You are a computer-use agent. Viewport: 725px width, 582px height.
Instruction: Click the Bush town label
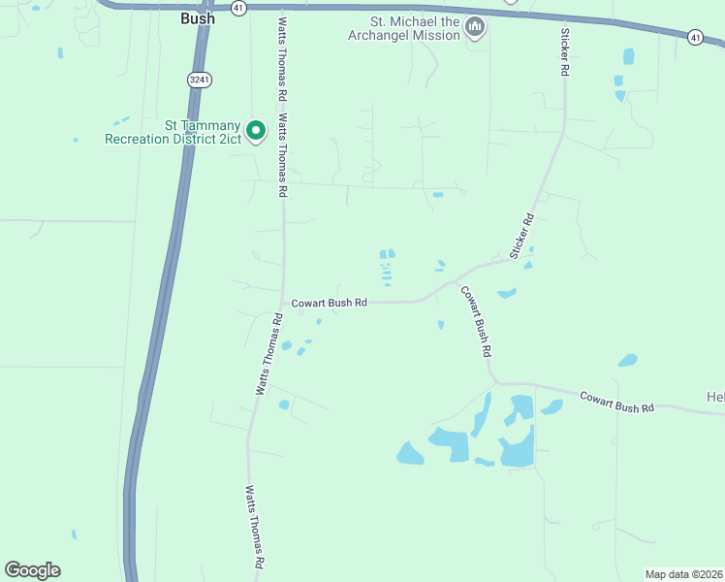click(197, 17)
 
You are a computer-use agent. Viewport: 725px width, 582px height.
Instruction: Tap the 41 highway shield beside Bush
click(238, 8)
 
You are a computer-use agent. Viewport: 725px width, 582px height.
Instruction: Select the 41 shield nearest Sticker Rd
click(695, 37)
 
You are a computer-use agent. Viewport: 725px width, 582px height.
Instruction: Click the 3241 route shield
click(199, 80)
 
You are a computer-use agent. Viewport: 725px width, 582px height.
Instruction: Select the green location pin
click(255, 130)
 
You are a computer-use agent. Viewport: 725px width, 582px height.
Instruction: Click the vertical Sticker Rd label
click(563, 53)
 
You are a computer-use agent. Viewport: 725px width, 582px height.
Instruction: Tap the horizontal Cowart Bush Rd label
click(330, 303)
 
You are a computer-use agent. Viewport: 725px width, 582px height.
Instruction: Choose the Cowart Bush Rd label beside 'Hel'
click(617, 402)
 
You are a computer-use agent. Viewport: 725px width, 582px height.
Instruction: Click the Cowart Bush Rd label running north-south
click(476, 320)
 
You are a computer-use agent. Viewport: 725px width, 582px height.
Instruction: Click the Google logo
click(32, 570)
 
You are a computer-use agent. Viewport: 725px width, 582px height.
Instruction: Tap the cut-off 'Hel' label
click(715, 397)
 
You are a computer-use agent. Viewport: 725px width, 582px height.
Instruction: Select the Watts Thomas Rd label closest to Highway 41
click(284, 58)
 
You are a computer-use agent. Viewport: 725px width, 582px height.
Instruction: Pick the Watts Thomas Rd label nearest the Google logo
click(255, 527)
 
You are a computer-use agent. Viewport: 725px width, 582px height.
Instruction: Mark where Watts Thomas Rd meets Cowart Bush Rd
click(283, 303)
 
